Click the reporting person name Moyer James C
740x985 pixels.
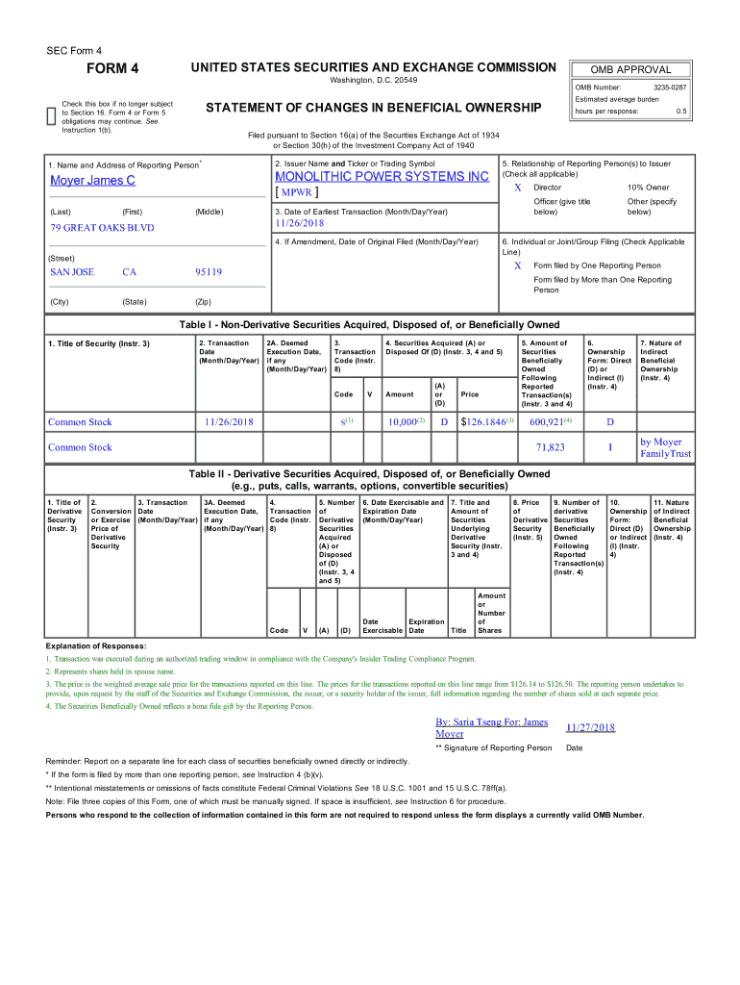92,181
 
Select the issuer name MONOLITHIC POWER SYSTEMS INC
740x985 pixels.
382,177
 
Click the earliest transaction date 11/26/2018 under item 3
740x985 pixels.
301,222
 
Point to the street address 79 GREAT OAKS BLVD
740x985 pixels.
102,228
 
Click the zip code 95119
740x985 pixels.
209,272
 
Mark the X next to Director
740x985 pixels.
518,188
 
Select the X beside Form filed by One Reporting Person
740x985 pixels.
518,265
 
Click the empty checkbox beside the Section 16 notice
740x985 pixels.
52,116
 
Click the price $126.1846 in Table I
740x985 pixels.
487,421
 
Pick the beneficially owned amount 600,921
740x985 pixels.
547,421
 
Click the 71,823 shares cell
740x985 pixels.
550,447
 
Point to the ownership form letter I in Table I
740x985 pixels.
609,447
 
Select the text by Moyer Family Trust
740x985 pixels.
665,447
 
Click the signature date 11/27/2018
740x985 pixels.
591,728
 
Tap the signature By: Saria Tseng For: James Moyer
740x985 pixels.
491,727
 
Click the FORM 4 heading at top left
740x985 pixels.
113,68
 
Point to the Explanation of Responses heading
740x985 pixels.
96,645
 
